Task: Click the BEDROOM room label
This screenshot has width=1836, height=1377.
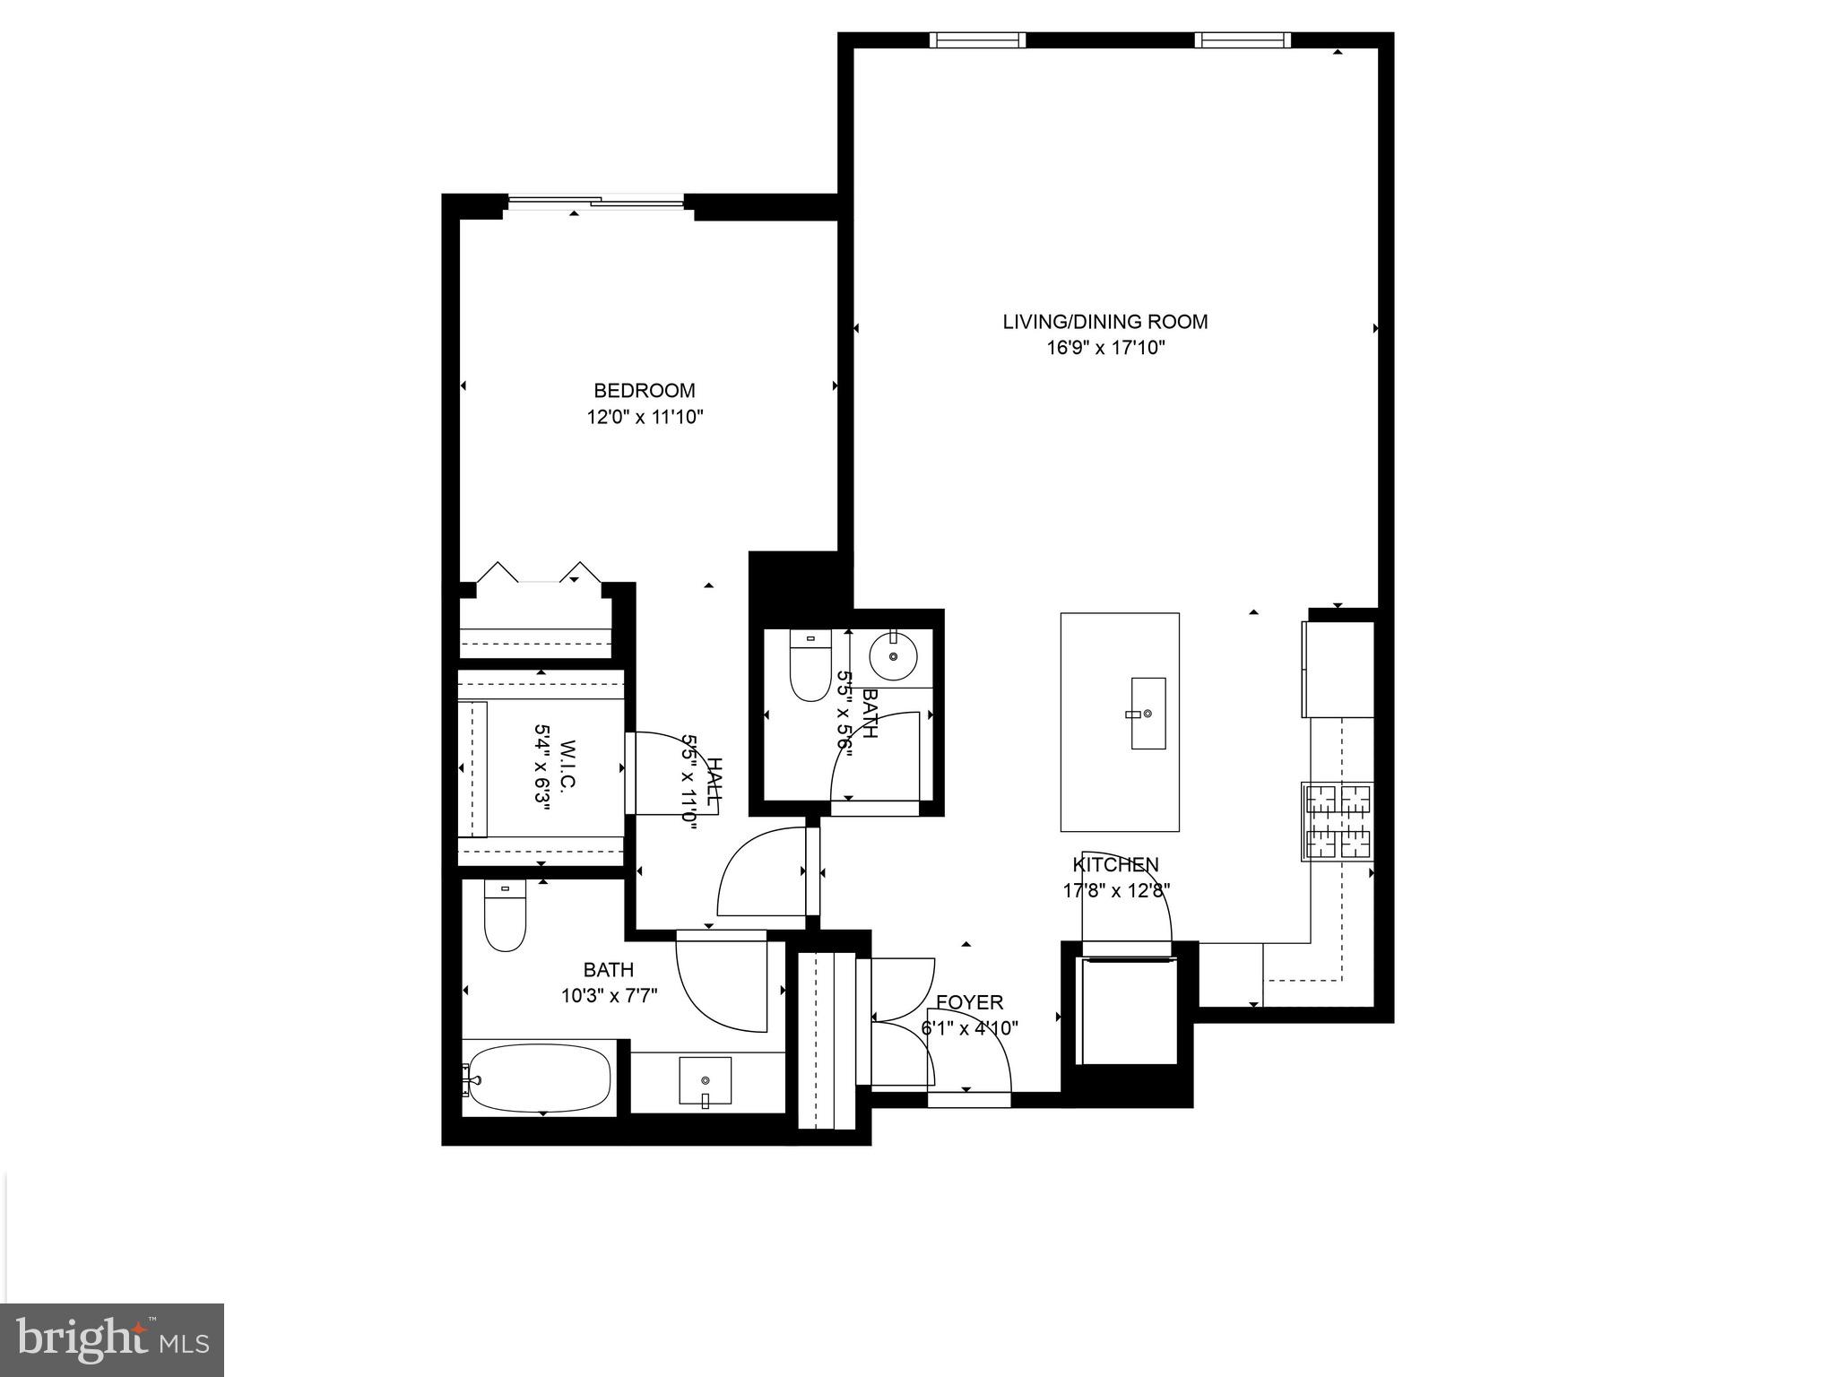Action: tap(645, 391)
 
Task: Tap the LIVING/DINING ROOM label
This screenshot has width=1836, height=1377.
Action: tap(1104, 322)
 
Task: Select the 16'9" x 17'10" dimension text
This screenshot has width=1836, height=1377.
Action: tap(1104, 348)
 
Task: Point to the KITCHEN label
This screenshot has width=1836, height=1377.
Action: tap(1115, 864)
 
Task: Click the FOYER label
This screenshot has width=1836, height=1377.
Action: tap(969, 1002)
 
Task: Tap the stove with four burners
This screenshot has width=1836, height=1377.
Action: tap(1338, 822)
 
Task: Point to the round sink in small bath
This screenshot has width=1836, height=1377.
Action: tap(894, 656)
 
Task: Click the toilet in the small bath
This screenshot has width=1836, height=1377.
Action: tap(810, 667)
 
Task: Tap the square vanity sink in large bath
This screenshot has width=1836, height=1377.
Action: tap(705, 1080)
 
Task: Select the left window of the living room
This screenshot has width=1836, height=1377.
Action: tap(976, 39)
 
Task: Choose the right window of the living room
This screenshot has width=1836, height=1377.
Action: tap(1242, 39)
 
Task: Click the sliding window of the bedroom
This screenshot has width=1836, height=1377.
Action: tap(596, 203)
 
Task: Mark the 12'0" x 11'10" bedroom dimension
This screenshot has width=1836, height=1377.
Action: tap(645, 417)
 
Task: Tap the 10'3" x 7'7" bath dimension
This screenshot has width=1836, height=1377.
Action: tap(609, 996)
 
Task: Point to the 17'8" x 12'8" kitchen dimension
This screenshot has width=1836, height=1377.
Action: tap(1116, 890)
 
